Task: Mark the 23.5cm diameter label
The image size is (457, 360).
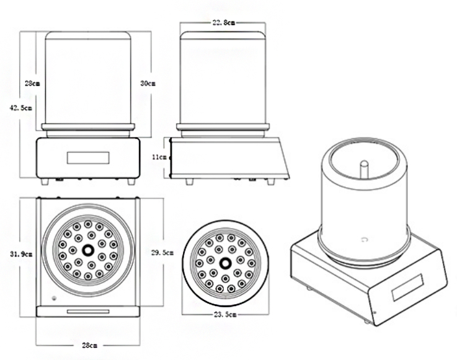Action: pos(226,314)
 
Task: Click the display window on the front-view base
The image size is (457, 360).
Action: pos(87,157)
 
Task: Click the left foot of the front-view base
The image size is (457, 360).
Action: pos(45,182)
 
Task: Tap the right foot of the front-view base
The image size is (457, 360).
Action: pos(131,182)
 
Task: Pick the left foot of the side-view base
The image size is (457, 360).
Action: pos(190,180)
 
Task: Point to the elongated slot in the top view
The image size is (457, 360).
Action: pos(87,310)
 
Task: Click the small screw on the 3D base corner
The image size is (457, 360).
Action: pos(373,311)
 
